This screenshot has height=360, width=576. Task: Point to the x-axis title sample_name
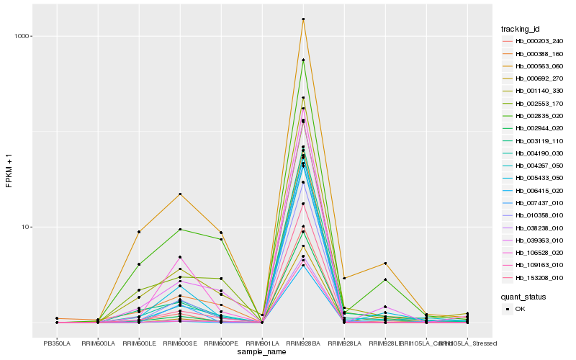pos(262,352)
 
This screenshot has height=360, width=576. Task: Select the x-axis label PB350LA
pos(57,343)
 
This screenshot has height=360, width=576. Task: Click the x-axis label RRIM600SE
pos(180,343)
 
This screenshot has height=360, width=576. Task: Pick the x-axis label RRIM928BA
pos(303,343)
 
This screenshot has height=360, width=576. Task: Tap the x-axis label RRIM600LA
pos(98,343)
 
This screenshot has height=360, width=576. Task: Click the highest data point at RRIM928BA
pos(303,19)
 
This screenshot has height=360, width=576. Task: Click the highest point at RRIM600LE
pos(139,232)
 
